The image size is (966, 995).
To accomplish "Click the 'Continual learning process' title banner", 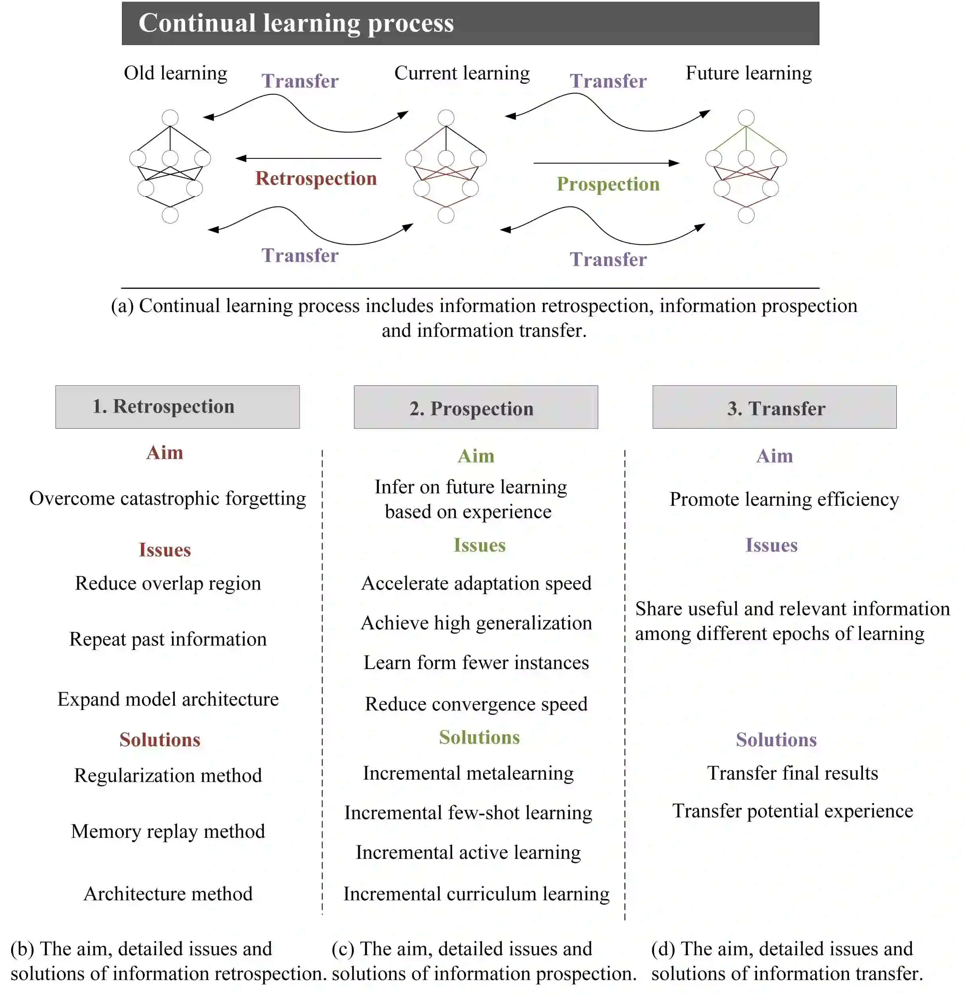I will [470, 23].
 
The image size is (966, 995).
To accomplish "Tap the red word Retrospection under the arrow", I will [316, 178].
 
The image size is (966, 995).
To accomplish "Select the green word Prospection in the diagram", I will [608, 184].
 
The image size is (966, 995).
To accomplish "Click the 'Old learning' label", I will [175, 73].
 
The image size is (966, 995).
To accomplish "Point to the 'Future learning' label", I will [748, 73].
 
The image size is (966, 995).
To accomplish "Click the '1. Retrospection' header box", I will [177, 407].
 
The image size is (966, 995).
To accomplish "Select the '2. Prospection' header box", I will [476, 407].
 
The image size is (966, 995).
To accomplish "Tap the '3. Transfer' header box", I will [774, 407].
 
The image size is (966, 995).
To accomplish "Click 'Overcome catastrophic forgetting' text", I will [168, 499].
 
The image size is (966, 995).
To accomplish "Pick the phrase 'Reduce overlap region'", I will [168, 583].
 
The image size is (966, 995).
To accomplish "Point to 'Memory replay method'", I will [168, 831].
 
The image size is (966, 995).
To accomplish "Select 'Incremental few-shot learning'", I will [468, 813].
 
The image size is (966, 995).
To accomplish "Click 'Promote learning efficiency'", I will [784, 499].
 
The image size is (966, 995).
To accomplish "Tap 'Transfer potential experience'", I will [792, 811].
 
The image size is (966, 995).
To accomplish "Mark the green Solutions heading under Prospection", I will [479, 737].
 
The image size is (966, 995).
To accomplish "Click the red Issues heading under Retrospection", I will [164, 550].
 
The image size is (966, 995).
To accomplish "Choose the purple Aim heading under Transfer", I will [774, 456].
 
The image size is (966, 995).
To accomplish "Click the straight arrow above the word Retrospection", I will [308, 158].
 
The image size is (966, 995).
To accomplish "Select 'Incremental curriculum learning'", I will [476, 894].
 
